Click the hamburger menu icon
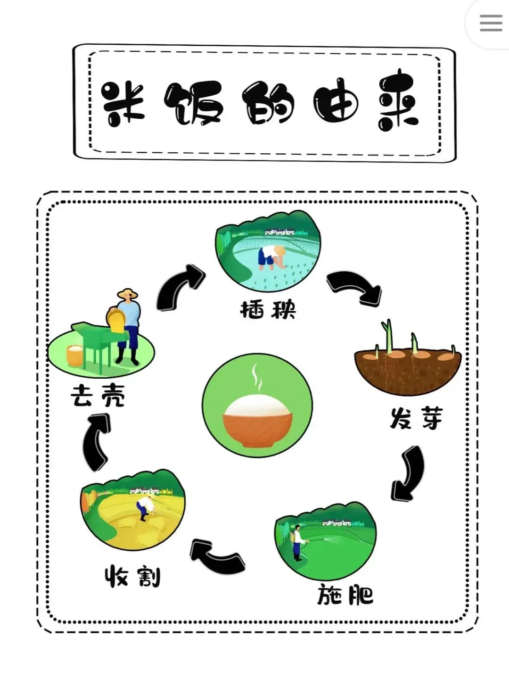pos(491,23)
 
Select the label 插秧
pos(268,310)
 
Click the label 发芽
pos(416,418)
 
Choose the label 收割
pos(132,576)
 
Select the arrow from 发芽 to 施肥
pos(409,473)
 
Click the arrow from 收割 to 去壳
pos(97,441)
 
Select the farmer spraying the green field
pos(297,542)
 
